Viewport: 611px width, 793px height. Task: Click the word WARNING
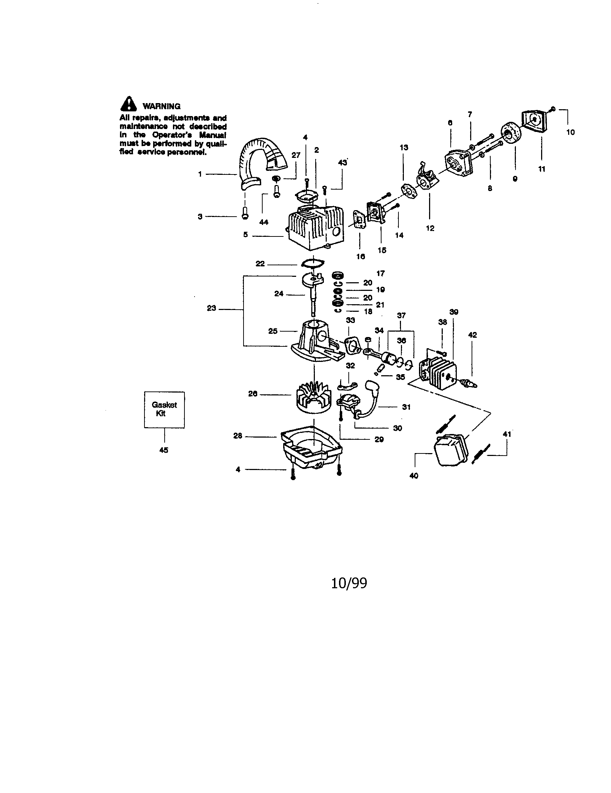coord(161,106)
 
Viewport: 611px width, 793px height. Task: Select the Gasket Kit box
coord(164,409)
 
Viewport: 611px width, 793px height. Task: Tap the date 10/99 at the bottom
coord(349,584)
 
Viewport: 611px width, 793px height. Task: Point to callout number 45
coord(164,450)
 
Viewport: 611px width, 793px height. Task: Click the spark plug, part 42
coord(468,382)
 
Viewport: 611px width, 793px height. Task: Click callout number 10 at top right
coord(570,132)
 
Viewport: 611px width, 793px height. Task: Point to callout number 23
coord(211,308)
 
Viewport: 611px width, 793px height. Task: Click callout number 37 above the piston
coord(401,315)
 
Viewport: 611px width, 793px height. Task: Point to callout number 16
coord(360,256)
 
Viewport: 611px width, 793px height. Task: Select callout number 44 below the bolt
coord(264,222)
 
